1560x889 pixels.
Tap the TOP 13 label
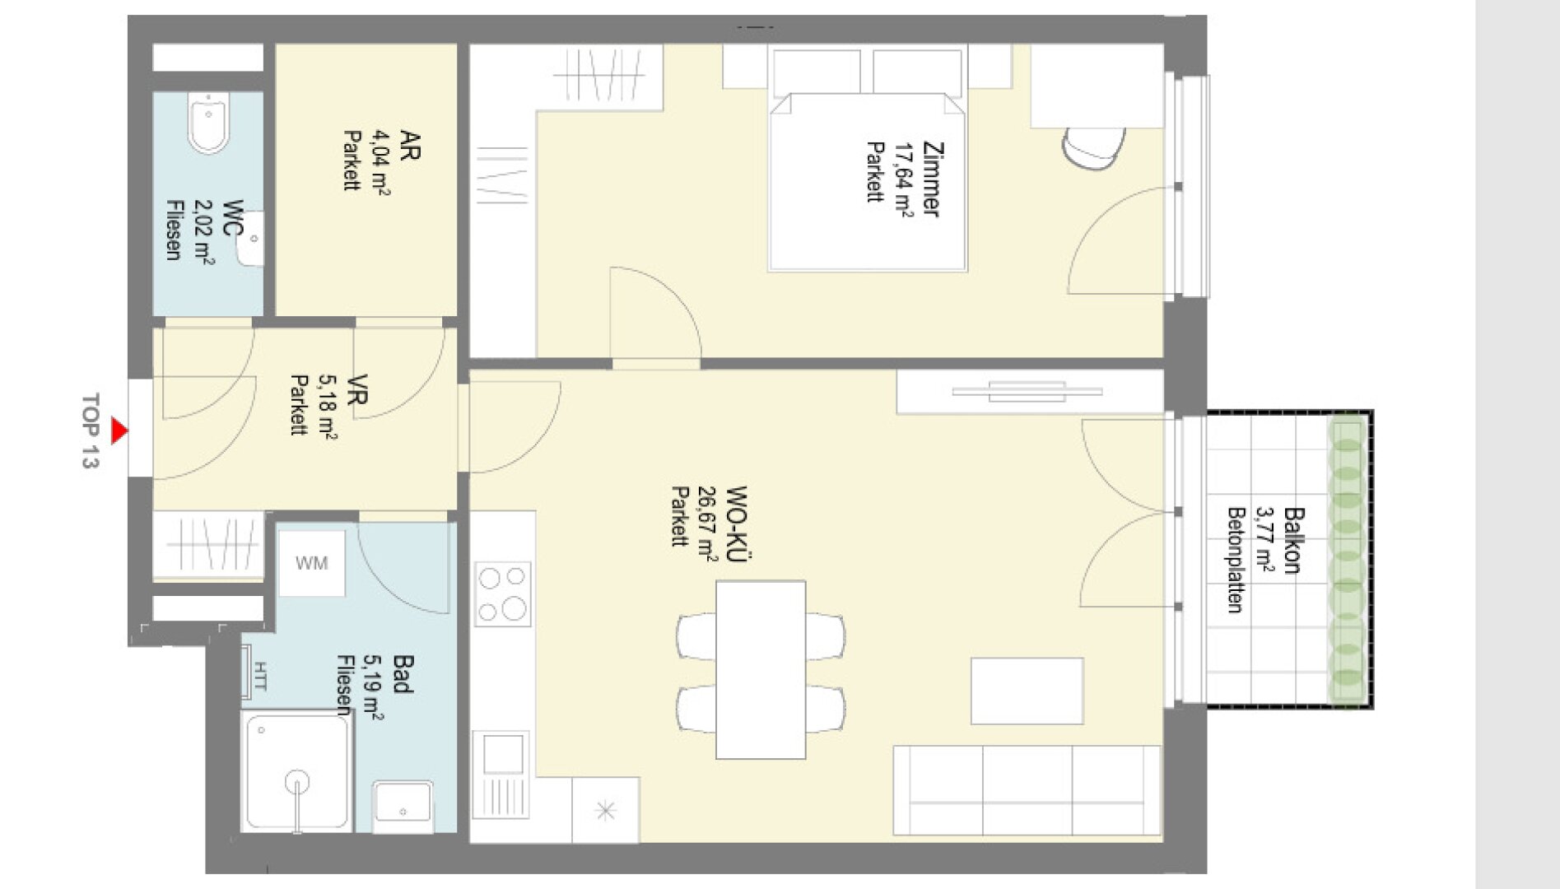point(90,431)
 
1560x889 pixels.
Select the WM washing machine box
point(311,563)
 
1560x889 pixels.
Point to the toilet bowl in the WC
point(209,123)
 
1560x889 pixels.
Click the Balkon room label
point(1293,540)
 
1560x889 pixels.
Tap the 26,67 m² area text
point(707,523)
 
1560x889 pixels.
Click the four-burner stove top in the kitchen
point(503,594)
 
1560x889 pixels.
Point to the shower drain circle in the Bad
point(296,782)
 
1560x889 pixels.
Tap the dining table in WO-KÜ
point(761,670)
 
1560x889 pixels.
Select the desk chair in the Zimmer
point(1092,148)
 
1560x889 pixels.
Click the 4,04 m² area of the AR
point(381,163)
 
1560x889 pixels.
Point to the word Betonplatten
point(1235,560)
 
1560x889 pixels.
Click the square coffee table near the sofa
point(1027,691)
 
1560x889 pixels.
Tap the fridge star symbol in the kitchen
point(605,811)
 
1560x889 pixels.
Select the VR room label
point(357,389)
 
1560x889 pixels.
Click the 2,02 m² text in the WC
point(203,232)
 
